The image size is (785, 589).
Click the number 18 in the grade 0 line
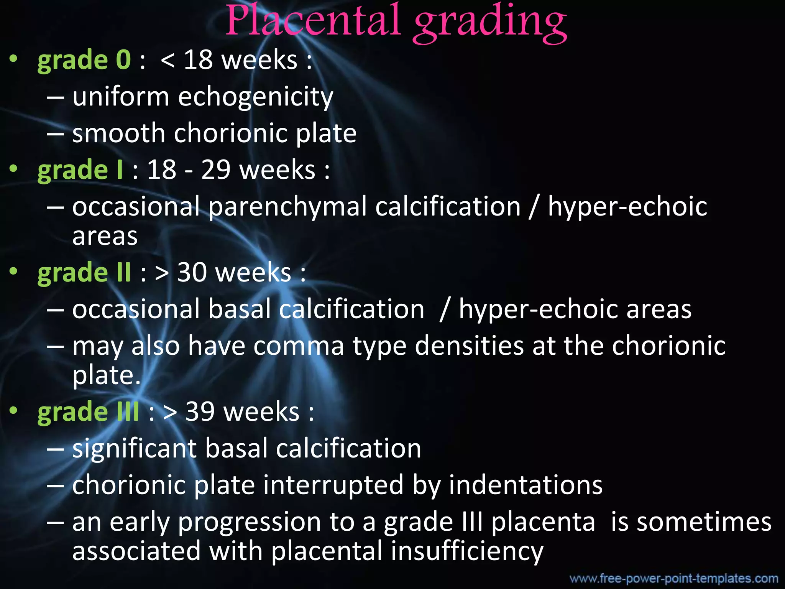coord(198,60)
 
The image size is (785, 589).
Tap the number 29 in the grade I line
coord(216,170)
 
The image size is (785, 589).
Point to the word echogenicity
coord(256,97)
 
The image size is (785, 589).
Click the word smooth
coord(119,133)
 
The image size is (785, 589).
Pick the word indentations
coord(526,485)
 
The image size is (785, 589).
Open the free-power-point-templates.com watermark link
coord(673,578)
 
